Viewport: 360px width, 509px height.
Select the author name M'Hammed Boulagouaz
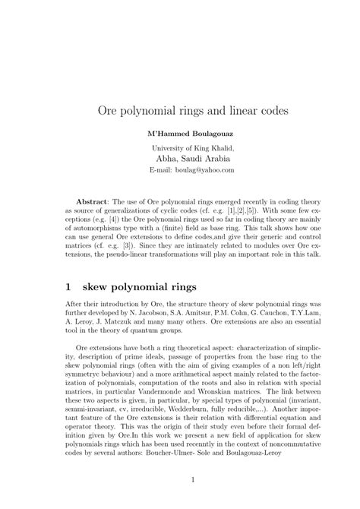(x=180, y=134)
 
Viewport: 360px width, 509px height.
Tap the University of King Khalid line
(x=180, y=147)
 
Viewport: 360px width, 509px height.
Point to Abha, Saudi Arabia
(x=180, y=160)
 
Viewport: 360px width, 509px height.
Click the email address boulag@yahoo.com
(x=196, y=172)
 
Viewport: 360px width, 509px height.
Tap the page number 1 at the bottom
(x=180, y=479)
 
